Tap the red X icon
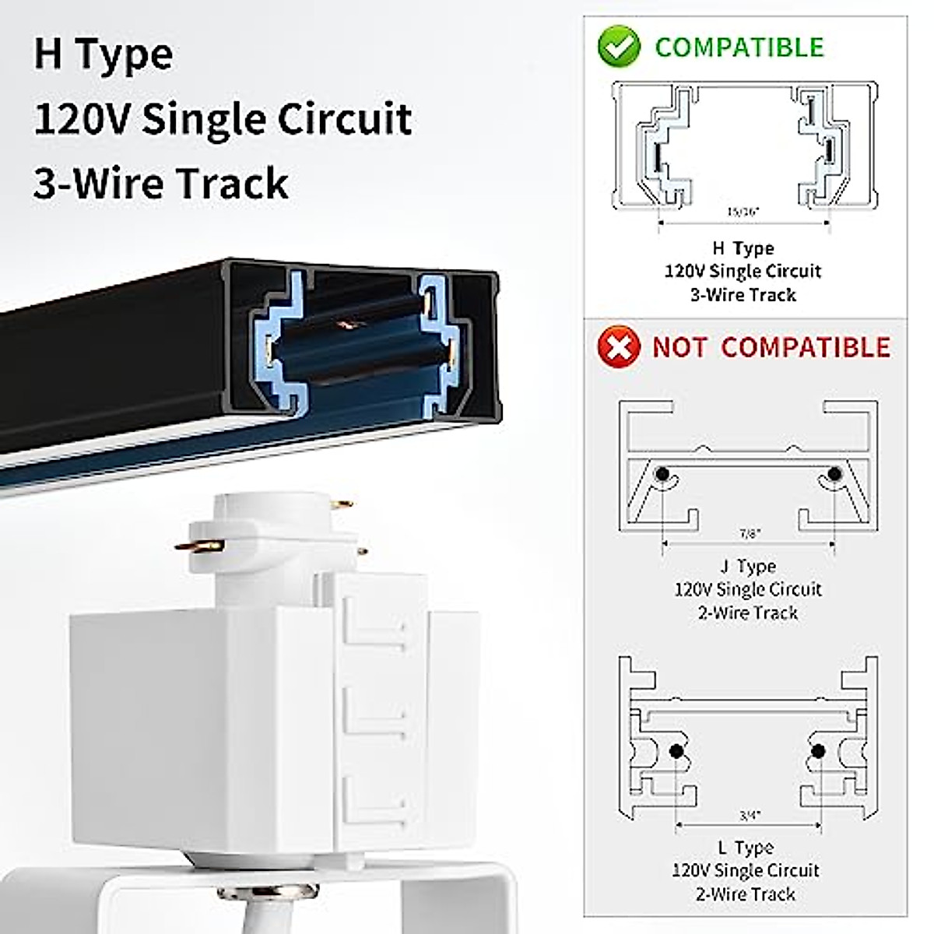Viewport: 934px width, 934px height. point(619,347)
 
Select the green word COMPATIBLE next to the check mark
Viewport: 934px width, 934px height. point(739,47)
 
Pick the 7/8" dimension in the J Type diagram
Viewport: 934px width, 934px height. point(748,534)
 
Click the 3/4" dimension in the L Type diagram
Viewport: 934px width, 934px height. point(749,815)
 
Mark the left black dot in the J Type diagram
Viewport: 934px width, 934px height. point(662,474)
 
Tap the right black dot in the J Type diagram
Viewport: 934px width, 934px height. point(834,474)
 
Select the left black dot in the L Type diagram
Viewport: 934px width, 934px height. point(676,751)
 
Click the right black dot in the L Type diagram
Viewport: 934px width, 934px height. point(818,751)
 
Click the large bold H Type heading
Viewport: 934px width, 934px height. point(104,54)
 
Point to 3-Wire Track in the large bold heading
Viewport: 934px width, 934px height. point(161,184)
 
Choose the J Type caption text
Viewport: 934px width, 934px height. point(748,567)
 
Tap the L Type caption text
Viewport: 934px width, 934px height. point(745,848)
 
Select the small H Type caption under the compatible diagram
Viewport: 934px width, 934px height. point(743,249)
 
